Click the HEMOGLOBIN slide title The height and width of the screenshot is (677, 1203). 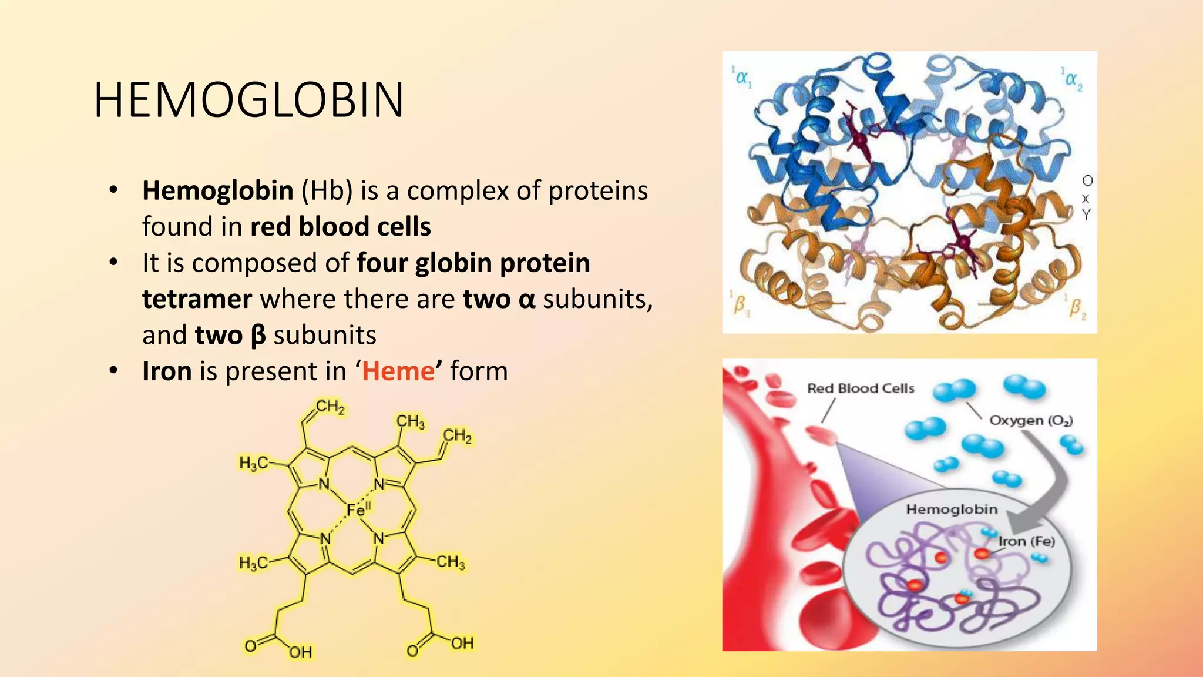[248, 100]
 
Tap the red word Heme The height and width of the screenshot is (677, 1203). [398, 371]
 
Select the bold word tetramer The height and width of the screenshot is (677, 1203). [197, 299]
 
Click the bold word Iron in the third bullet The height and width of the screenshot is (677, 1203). [167, 371]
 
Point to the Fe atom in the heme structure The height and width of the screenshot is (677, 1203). [357, 510]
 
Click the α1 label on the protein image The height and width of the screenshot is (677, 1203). [742, 77]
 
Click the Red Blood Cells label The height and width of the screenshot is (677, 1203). [861, 388]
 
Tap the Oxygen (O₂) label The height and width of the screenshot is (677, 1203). [1031, 421]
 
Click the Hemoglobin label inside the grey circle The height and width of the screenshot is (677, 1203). [952, 510]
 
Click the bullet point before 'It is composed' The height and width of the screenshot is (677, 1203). [113, 263]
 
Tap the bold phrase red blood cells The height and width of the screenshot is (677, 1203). [341, 227]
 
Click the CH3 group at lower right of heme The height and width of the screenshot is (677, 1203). [451, 562]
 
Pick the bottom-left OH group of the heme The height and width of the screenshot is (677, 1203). [300, 652]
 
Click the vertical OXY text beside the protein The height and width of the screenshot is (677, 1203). [1087, 197]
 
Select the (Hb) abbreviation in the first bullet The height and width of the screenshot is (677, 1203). [327, 191]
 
